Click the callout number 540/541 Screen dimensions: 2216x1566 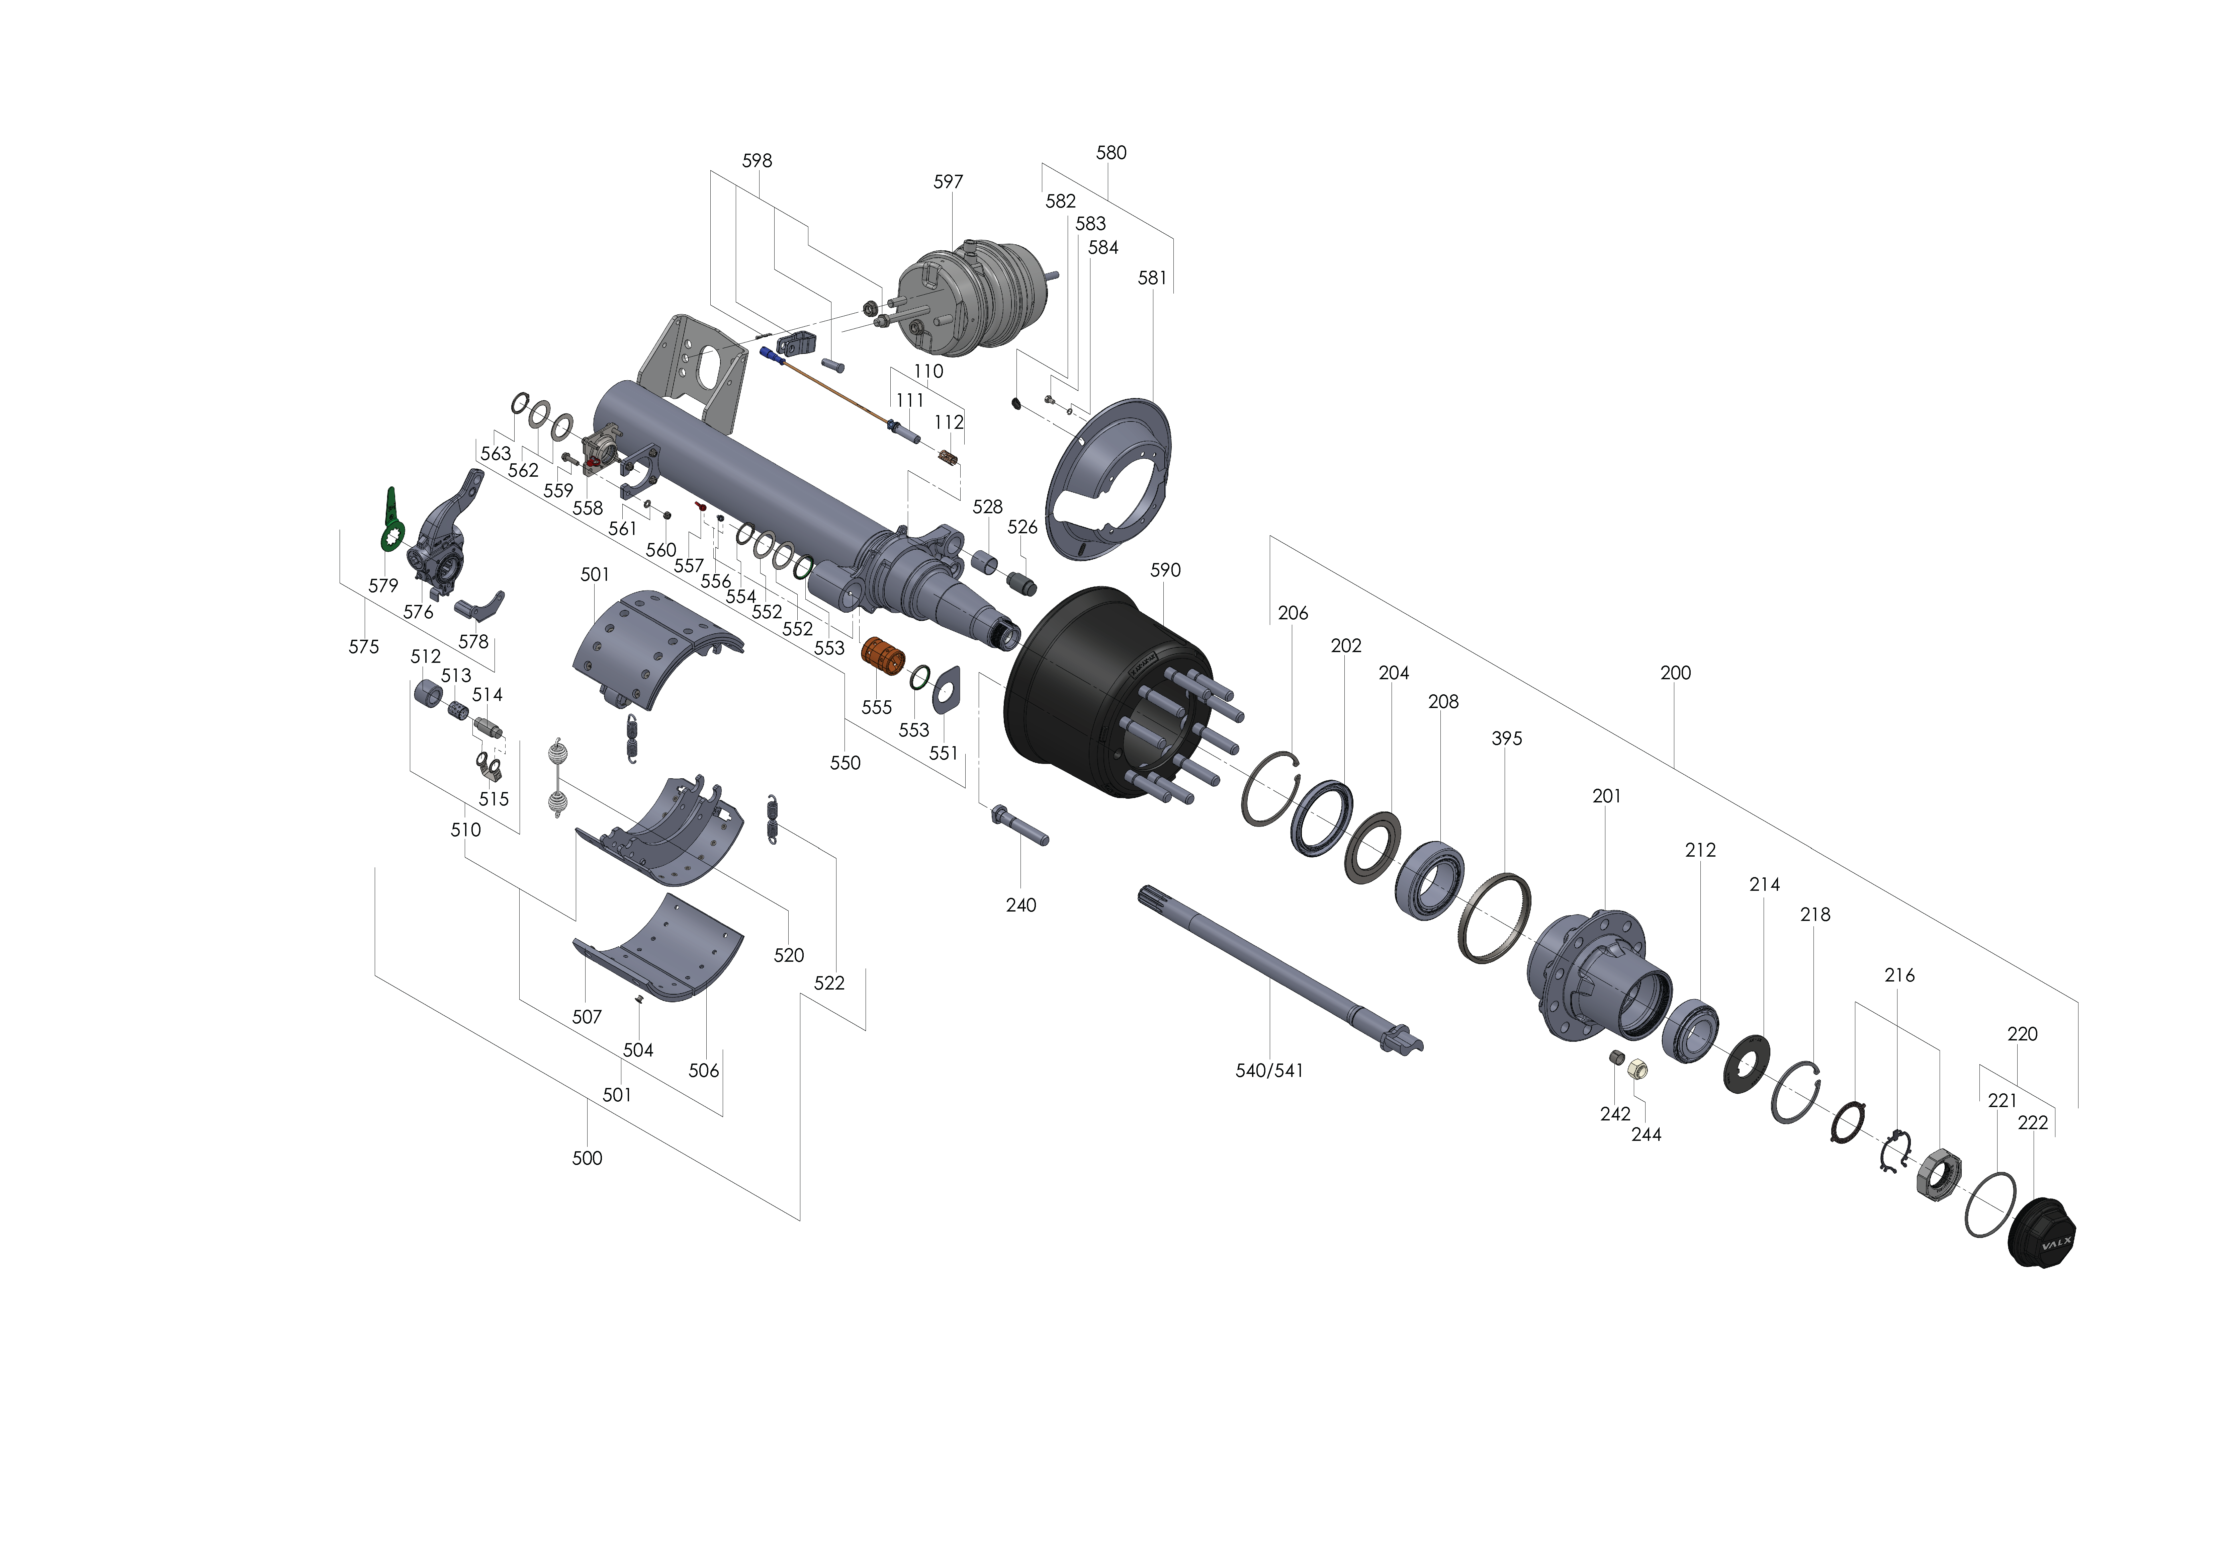(1269, 1071)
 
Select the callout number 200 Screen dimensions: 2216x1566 (1676, 673)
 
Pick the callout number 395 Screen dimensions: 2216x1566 (1507, 738)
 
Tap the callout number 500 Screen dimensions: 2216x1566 (587, 1159)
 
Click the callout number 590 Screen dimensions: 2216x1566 (1165, 570)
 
